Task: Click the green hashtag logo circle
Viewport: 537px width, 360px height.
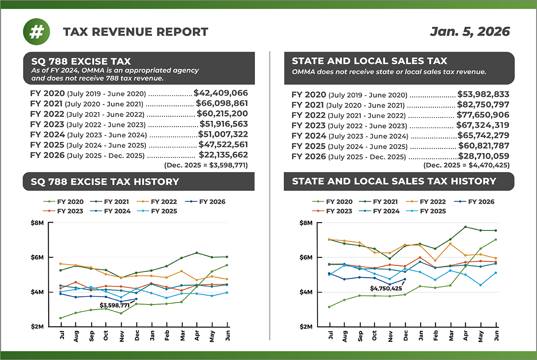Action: pyautogui.click(x=37, y=32)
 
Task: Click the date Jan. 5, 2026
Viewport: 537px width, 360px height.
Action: pyautogui.click(x=470, y=32)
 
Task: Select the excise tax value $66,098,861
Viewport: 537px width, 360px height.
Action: pyautogui.click(x=222, y=104)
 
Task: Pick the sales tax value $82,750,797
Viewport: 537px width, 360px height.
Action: pyautogui.click(x=483, y=105)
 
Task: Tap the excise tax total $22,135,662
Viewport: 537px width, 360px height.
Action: pyautogui.click(x=223, y=155)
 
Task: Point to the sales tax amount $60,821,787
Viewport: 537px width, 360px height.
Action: pyautogui.click(x=484, y=146)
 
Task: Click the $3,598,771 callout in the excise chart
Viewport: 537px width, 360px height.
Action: pyautogui.click(x=114, y=305)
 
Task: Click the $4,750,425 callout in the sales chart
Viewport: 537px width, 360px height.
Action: pyautogui.click(x=385, y=288)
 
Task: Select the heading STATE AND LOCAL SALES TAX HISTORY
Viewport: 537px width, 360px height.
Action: pyautogui.click(x=393, y=181)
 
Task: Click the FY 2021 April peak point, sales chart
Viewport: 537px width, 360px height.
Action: pyautogui.click(x=465, y=227)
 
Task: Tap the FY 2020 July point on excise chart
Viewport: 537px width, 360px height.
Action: pyautogui.click(x=61, y=318)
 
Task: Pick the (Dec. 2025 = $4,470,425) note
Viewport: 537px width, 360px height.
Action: pyautogui.click(x=466, y=165)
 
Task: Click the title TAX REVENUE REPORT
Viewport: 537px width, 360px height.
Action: pyautogui.click(x=136, y=32)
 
